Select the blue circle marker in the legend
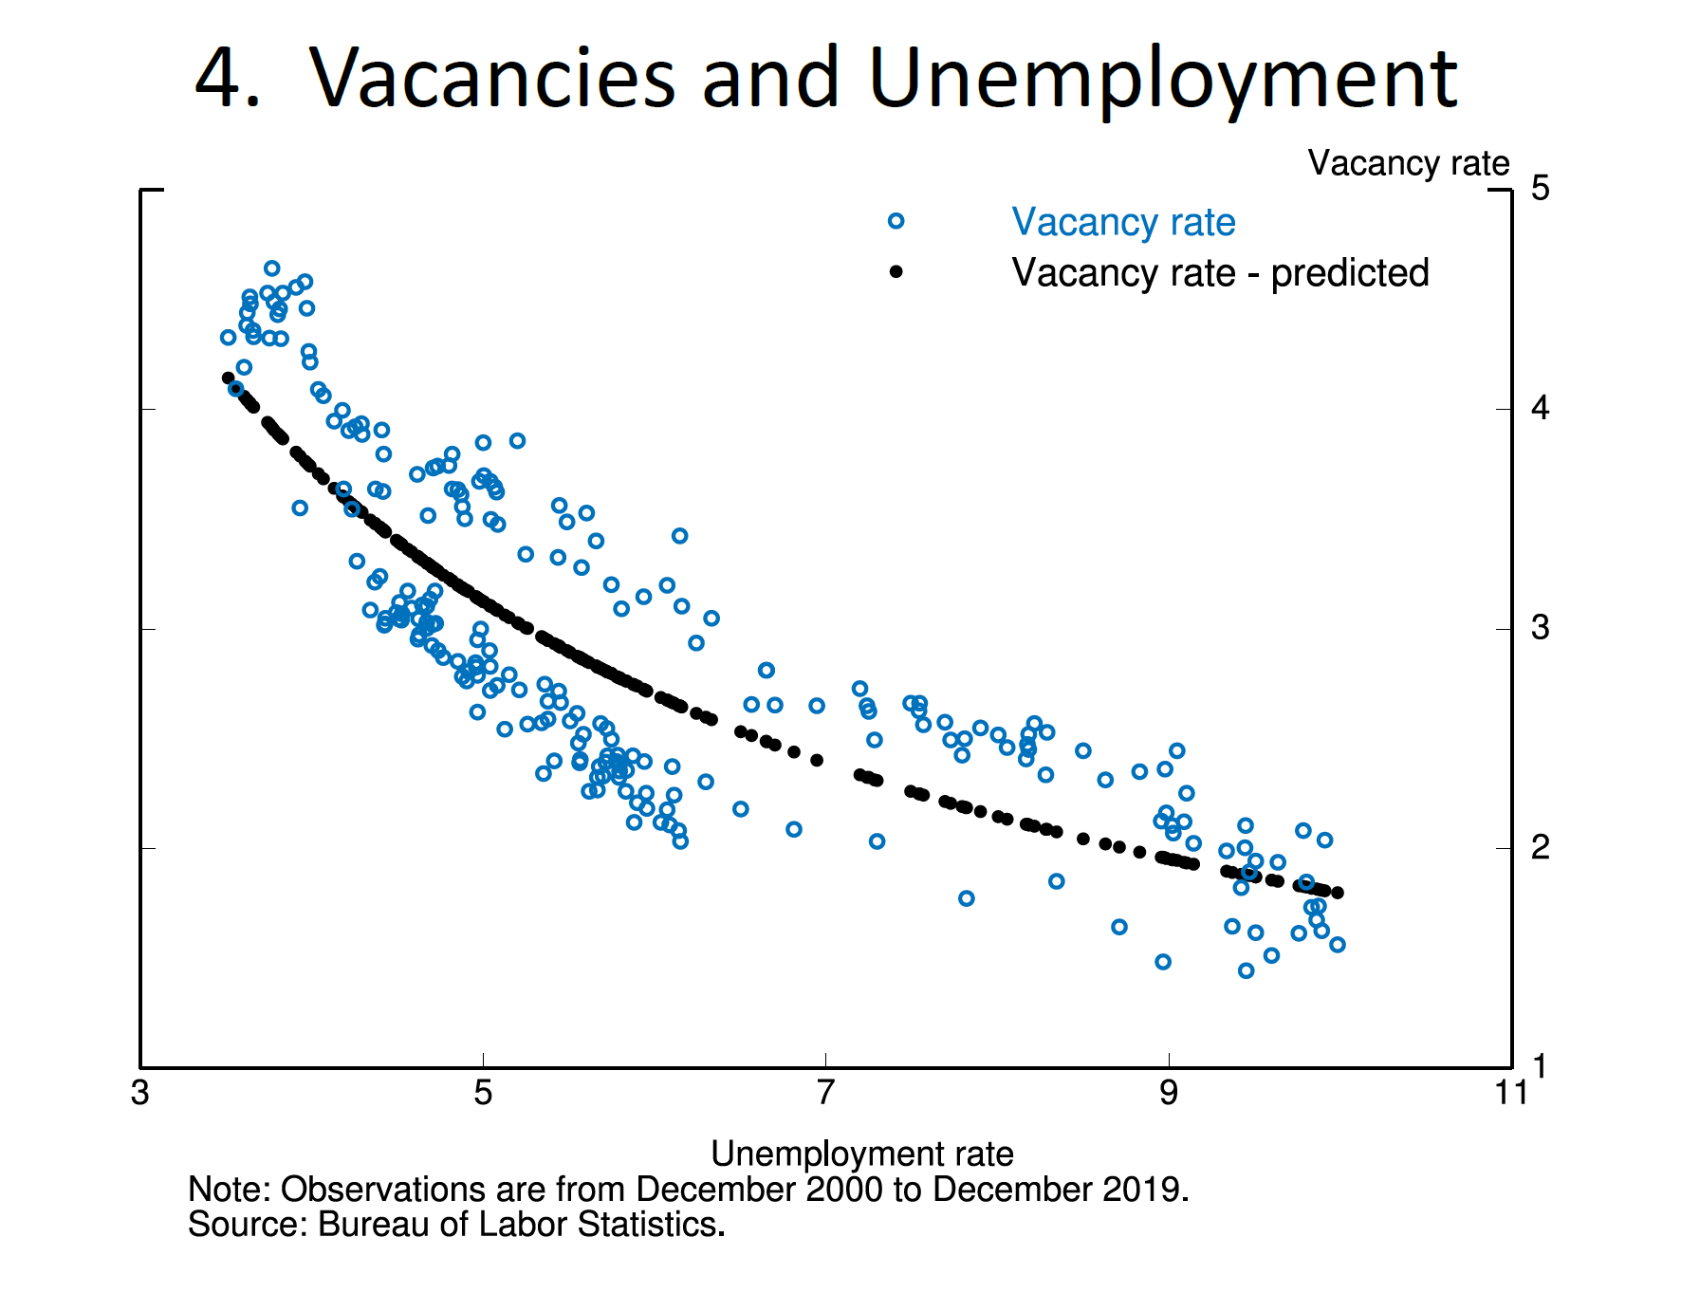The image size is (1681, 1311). point(896,221)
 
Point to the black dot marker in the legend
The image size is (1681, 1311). point(896,272)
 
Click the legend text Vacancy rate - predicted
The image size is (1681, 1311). point(1220,273)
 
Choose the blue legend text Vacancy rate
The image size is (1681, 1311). point(1123,222)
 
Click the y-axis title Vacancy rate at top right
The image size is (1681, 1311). point(1408,163)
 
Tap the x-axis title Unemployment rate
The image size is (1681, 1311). point(861,1154)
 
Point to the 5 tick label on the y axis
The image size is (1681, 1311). point(1540,189)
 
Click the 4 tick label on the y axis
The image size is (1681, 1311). point(1540,408)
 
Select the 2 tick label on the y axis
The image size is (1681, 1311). point(1540,846)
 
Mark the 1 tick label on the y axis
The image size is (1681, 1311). point(1540,1066)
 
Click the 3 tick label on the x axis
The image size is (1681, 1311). point(140,1093)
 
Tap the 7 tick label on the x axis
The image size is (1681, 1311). point(825,1093)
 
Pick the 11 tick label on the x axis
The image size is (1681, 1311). point(1510,1093)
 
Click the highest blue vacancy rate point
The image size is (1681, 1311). point(271,268)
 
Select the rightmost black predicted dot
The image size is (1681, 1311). point(1338,893)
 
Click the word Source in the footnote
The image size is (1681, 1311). point(241,1225)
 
